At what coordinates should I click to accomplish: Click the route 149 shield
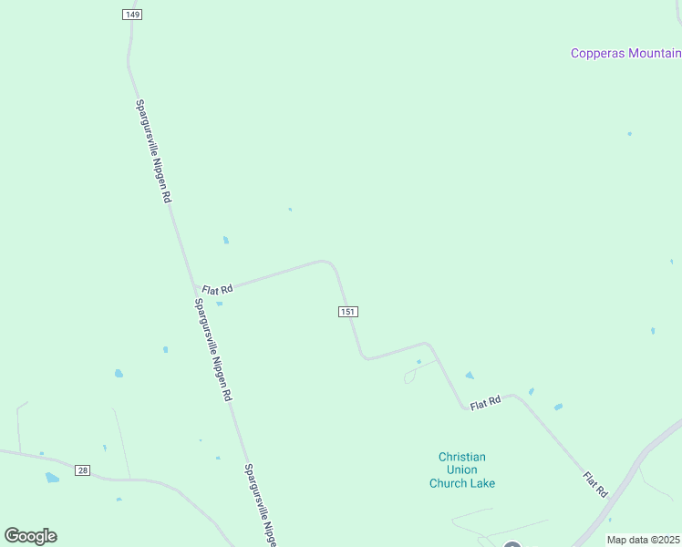(x=132, y=15)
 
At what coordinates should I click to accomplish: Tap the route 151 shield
(x=347, y=312)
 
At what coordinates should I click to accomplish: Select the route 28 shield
(x=83, y=470)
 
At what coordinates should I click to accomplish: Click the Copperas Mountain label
(x=625, y=53)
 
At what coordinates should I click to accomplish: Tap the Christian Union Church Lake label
(x=462, y=470)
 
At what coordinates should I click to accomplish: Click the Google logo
(x=30, y=536)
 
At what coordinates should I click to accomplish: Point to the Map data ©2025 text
(x=643, y=540)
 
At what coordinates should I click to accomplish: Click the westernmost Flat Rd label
(x=217, y=289)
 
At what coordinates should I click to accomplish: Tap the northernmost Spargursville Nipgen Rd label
(x=153, y=150)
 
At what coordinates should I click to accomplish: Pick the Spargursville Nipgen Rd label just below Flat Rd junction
(x=214, y=350)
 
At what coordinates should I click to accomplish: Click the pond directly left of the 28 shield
(x=52, y=477)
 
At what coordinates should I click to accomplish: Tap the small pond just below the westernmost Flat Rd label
(x=220, y=304)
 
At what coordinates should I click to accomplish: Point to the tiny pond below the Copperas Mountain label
(x=629, y=134)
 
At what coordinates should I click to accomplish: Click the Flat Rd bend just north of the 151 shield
(x=328, y=263)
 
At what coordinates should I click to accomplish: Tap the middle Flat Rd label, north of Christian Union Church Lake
(x=486, y=401)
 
